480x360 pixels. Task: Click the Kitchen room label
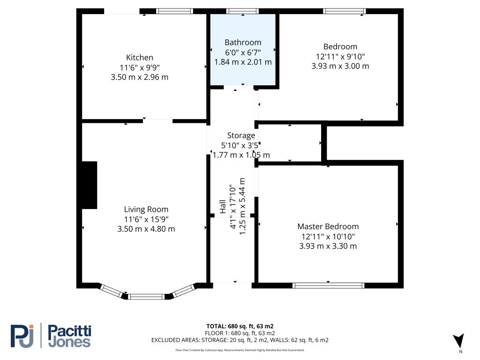(140, 58)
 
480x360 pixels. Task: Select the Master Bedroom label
(328, 226)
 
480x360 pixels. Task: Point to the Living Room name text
(146, 210)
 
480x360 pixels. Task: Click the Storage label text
(241, 135)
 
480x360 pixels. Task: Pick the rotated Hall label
(223, 207)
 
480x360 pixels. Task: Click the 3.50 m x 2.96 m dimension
(140, 77)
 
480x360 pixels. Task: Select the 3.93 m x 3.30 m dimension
(328, 246)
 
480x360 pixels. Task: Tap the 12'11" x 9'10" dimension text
(340, 57)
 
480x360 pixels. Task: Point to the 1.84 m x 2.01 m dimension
(243, 62)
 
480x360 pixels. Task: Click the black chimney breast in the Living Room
(90, 185)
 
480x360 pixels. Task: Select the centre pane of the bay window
(146, 296)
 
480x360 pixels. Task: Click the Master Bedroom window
(328, 285)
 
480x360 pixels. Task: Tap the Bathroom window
(242, 11)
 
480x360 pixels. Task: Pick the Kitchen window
(174, 11)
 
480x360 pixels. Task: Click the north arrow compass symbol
(459, 341)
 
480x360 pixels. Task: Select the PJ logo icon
(22, 336)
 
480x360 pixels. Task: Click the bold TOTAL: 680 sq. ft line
(240, 326)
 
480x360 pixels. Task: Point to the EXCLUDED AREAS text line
(240, 340)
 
